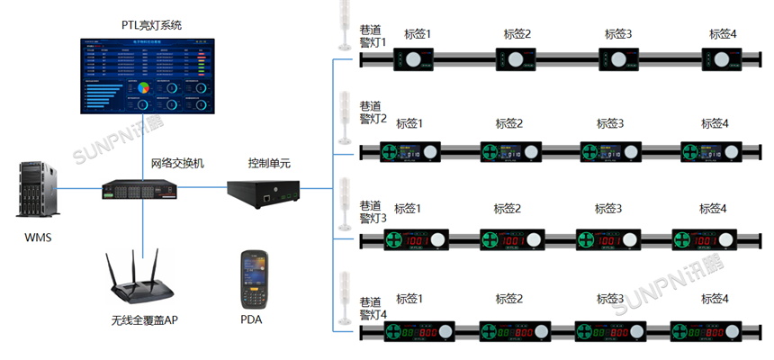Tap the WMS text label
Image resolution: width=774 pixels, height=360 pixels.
coord(39,238)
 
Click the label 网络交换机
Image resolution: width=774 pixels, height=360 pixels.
coord(177,163)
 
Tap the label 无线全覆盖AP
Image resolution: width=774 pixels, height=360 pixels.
coord(145,319)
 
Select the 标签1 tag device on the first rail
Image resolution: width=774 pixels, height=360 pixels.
coord(413,60)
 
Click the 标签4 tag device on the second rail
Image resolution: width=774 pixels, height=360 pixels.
coord(711,151)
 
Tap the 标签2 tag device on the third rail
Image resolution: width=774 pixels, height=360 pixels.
coord(511,241)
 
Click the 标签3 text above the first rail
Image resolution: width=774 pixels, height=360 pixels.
coord(616,34)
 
